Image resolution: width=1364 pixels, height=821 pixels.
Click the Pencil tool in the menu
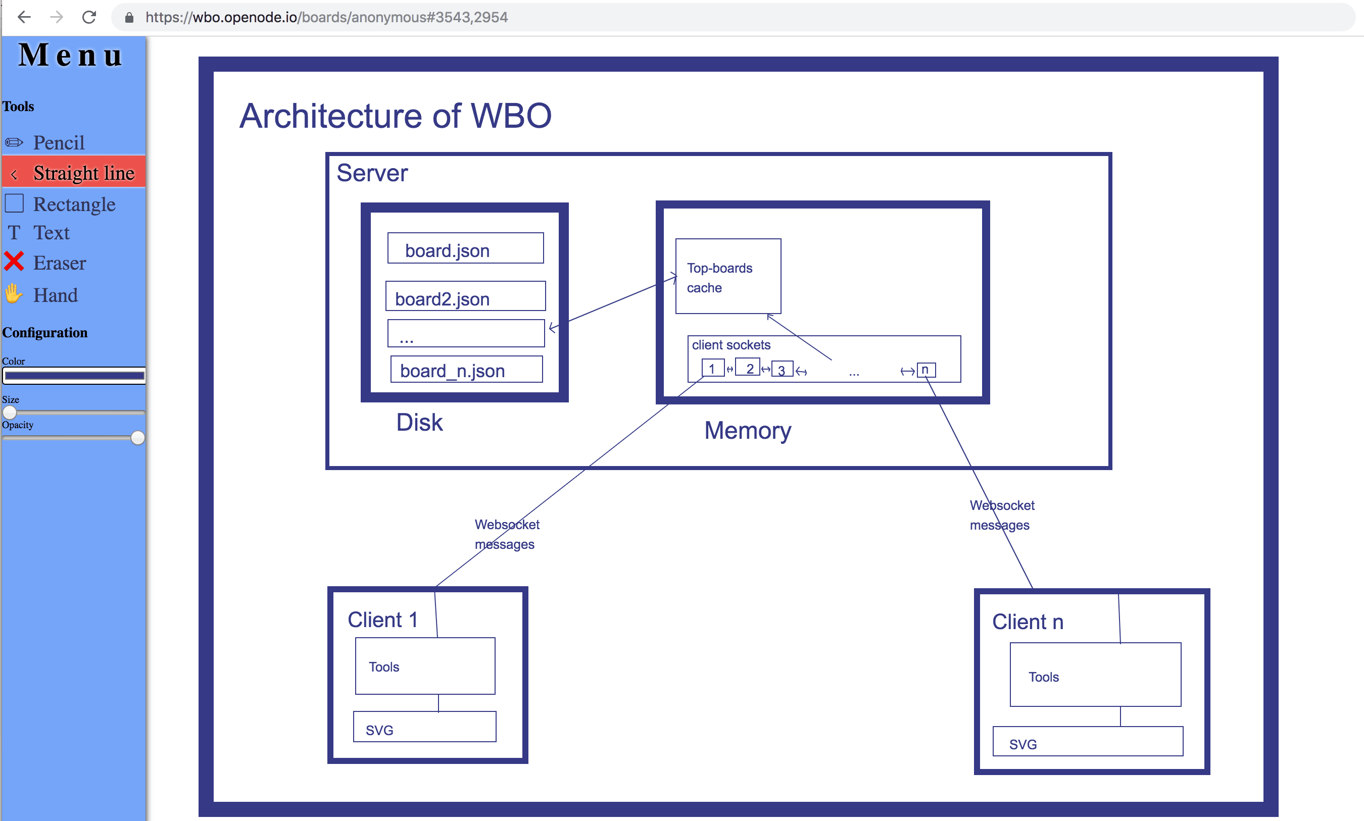click(58, 143)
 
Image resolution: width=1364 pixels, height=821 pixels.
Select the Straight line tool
click(83, 173)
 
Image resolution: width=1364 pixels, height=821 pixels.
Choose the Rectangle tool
click(74, 204)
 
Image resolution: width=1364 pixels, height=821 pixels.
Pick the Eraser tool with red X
click(59, 263)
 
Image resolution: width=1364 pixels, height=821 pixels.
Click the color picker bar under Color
click(74, 376)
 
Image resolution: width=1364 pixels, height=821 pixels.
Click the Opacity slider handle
click(138, 438)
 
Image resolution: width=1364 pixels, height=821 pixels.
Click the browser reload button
click(89, 17)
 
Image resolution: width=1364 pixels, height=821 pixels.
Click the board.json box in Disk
click(465, 248)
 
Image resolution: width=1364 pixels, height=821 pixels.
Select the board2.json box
click(465, 296)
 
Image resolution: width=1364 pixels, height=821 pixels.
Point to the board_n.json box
click(466, 370)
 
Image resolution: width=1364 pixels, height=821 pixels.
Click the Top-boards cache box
click(727, 277)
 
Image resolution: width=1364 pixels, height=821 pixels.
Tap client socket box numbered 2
click(748, 368)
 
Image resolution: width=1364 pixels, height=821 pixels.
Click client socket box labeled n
click(925, 370)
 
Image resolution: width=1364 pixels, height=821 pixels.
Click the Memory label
click(747, 430)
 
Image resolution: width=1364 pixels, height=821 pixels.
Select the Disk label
click(419, 423)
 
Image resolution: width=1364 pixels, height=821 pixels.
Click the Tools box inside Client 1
click(425, 666)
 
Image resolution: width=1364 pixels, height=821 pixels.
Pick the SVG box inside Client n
click(1087, 742)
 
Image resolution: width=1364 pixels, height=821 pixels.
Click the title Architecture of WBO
click(395, 116)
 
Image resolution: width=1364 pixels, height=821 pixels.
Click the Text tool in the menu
click(51, 233)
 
